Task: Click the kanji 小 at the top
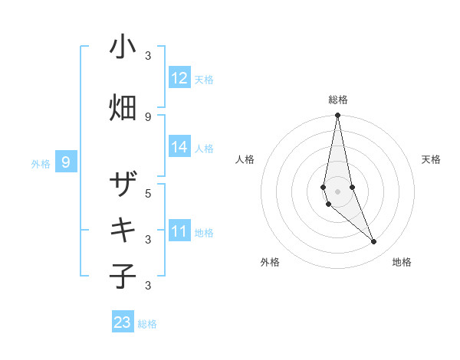[123, 47]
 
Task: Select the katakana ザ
[123, 185]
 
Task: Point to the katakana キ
[123, 230]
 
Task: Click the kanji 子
[123, 277]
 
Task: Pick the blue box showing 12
[179, 78]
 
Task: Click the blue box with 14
[179, 147]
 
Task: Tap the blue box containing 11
[179, 231]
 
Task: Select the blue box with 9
[66, 162]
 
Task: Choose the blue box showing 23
[122, 322]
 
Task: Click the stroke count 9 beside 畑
[148, 116]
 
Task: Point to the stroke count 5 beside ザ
[148, 193]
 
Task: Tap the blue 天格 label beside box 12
[204, 80]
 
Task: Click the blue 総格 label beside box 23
[147, 324]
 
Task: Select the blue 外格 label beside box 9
[41, 163]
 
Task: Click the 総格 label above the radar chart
[337, 100]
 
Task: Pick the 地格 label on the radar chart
[402, 263]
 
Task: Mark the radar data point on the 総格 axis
[337, 116]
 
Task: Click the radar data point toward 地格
[374, 242]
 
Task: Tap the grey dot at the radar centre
[337, 191]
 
